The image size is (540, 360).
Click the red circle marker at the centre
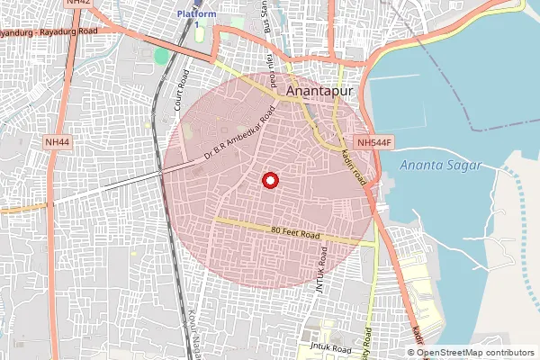click(268, 181)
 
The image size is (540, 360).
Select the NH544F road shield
click(373, 141)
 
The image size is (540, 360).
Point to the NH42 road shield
click(78, 4)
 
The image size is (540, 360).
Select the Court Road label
click(180, 87)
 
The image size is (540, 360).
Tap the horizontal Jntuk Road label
click(329, 347)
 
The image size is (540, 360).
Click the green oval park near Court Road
click(161, 57)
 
